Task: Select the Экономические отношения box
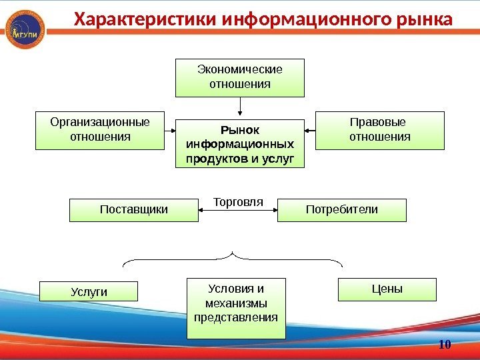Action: [240, 77]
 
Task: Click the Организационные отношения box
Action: [99, 129]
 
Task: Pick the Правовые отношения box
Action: [379, 129]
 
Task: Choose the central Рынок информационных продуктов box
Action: [240, 144]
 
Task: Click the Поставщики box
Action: [134, 210]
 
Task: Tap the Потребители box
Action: [341, 210]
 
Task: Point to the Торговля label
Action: [238, 201]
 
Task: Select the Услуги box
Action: [89, 291]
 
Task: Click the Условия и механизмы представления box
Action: [236, 308]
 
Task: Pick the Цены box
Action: [387, 290]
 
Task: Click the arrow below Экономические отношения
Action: [240, 106]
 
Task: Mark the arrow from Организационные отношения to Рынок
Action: [169, 131]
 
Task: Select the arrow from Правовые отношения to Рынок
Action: [309, 131]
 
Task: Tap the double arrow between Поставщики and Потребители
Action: [238, 211]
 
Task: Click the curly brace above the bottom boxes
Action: [233, 257]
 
